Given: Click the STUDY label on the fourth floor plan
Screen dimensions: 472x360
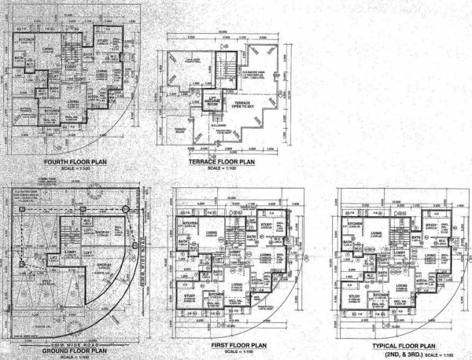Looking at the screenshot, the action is pos(101,40).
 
